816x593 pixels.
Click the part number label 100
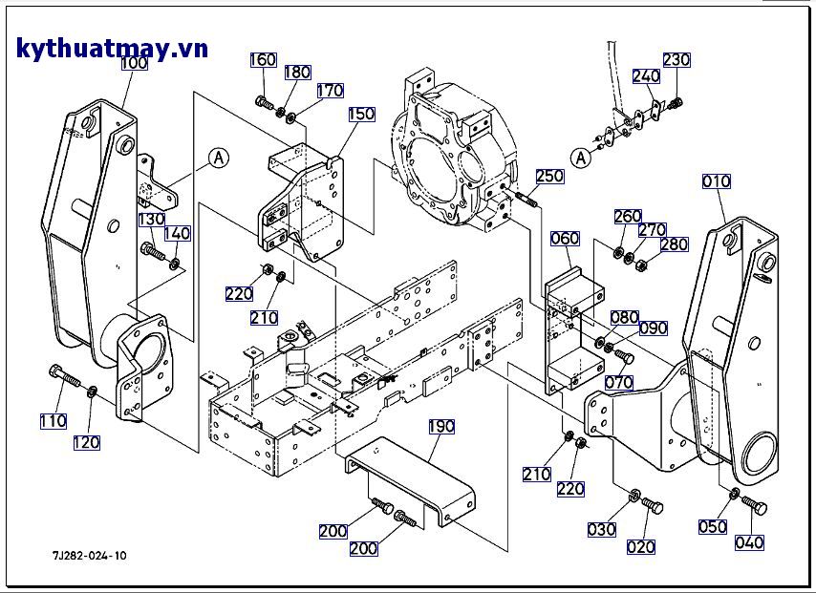134,63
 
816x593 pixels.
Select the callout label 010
716,181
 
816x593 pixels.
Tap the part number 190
440,426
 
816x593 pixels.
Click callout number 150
361,114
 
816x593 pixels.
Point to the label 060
566,238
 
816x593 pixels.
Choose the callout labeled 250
549,176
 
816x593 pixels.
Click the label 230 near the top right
676,59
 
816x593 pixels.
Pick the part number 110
54,421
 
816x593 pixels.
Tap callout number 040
750,543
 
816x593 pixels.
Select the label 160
264,60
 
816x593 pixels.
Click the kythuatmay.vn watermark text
112,49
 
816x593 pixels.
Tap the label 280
674,244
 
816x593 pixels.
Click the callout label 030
602,530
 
